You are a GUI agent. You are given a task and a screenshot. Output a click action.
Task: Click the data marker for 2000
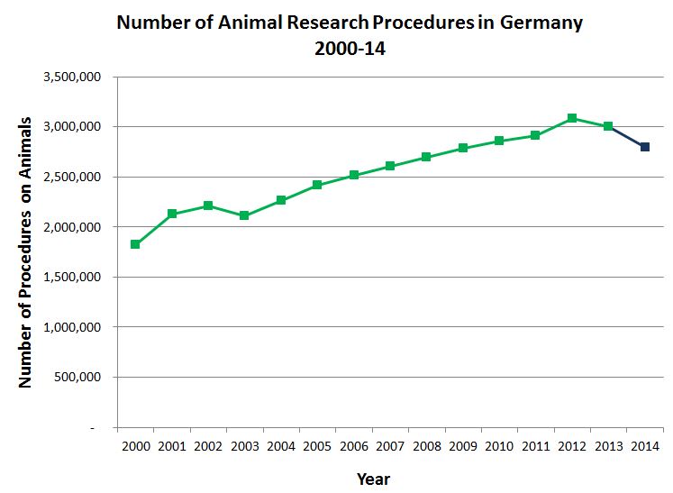point(135,244)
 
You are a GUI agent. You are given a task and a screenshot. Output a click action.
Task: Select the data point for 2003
point(244,215)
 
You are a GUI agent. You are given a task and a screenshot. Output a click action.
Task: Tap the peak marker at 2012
point(572,118)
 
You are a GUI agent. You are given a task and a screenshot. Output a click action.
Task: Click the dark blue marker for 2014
point(645,147)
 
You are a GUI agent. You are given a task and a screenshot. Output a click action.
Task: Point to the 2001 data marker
point(172,214)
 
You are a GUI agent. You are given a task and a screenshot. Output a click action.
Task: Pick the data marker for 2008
point(426,157)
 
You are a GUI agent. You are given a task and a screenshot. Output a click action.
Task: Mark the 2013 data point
point(608,126)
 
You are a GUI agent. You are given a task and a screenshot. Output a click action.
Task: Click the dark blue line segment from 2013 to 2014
point(627,137)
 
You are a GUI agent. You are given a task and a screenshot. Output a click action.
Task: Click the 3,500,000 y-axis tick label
point(77,78)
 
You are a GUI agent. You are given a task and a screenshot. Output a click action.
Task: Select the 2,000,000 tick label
point(77,227)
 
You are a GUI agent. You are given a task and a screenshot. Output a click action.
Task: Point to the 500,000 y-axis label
point(82,378)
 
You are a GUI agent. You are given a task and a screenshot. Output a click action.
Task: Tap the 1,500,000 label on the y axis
point(77,278)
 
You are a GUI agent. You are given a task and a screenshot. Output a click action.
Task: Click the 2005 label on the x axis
point(317,446)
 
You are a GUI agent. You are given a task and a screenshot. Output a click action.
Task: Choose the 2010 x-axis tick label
point(499,446)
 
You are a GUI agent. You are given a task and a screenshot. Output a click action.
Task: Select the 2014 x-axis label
point(645,446)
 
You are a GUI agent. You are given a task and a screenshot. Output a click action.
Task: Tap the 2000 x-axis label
point(135,446)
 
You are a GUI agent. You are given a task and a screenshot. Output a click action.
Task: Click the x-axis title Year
point(373,478)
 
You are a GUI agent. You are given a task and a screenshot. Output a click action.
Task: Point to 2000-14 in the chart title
point(350,50)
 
